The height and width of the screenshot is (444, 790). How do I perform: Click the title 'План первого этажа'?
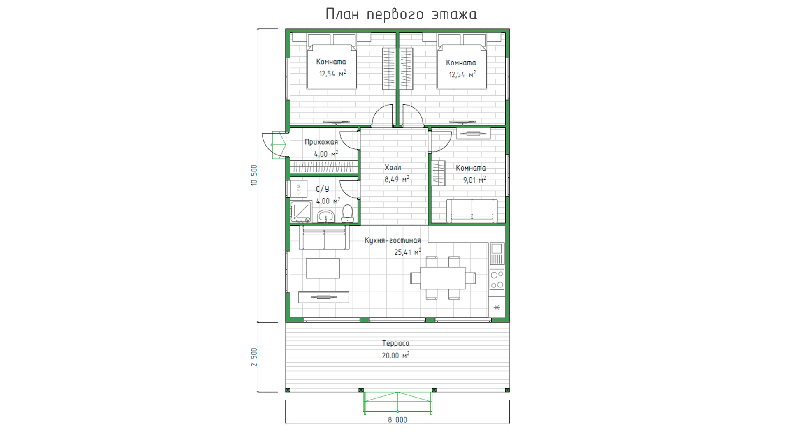click(x=401, y=14)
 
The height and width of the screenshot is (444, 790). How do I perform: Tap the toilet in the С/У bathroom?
click(x=348, y=214)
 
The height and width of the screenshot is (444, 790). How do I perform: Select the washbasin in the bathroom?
click(x=326, y=216)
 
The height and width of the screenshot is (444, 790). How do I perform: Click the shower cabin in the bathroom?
click(x=301, y=212)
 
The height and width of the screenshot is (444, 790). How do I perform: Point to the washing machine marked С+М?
click(x=299, y=189)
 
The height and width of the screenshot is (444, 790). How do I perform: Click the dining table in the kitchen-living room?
click(x=443, y=278)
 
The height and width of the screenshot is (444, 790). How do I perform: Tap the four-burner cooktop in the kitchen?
click(x=497, y=280)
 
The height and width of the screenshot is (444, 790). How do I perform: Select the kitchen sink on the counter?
click(x=497, y=253)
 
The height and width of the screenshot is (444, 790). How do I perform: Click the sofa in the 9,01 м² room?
click(x=472, y=211)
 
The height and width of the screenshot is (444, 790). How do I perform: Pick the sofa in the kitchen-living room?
click(x=324, y=238)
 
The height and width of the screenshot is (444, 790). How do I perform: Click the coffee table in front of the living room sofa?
click(x=323, y=268)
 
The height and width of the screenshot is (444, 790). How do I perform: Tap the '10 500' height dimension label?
click(x=254, y=175)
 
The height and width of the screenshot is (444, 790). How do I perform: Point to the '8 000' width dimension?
click(x=397, y=420)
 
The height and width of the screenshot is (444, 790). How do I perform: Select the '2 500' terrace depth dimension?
click(x=254, y=357)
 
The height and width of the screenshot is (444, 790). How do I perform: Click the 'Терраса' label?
click(x=396, y=343)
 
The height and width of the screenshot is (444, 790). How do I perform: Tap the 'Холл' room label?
click(x=393, y=167)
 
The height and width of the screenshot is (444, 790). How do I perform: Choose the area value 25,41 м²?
click(x=408, y=252)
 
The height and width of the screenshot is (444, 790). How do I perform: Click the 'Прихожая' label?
click(x=321, y=142)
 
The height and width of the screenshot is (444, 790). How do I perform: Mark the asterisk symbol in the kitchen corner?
click(x=497, y=308)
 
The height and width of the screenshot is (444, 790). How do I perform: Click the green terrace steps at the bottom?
click(x=398, y=402)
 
